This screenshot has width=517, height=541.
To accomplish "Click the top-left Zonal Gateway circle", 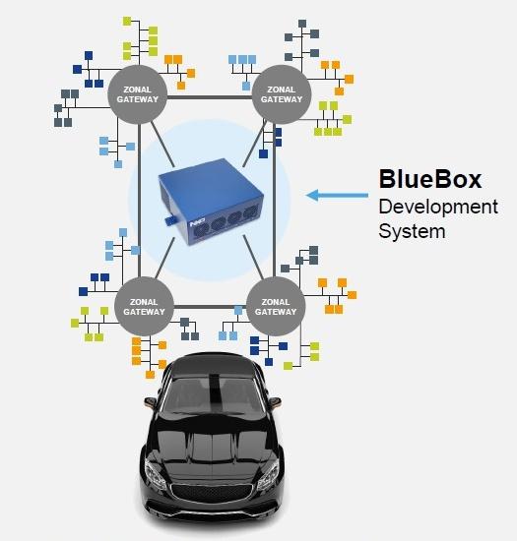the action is point(138,94).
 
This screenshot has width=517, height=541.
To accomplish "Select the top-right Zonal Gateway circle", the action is point(282,94).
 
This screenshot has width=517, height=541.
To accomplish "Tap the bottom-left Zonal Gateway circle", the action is point(144,306).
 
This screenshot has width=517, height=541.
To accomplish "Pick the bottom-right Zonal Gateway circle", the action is point(276,306).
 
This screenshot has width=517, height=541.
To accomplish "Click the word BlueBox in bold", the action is point(430,179).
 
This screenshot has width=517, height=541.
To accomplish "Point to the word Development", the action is point(438,208).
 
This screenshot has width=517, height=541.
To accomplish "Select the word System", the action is point(412,231).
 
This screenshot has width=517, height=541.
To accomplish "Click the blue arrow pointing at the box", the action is point(337,196).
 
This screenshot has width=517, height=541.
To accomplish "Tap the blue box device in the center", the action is point(211,202).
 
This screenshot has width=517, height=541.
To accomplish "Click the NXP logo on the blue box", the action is point(198,223).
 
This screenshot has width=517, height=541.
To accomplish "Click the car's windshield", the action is point(213,395).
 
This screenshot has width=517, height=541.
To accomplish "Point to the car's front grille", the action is point(212,493).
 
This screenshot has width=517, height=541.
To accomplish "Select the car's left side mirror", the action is point(150,401).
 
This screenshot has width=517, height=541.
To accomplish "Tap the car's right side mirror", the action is point(275,401).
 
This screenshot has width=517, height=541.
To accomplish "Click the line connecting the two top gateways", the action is point(210,97).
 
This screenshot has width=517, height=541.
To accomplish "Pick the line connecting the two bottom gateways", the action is point(210,307).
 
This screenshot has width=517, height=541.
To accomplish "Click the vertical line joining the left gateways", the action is point(140,201).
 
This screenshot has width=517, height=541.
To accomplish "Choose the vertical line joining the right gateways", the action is point(274,201).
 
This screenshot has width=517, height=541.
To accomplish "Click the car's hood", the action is point(212,445).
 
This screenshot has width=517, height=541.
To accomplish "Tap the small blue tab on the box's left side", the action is point(168,220).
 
